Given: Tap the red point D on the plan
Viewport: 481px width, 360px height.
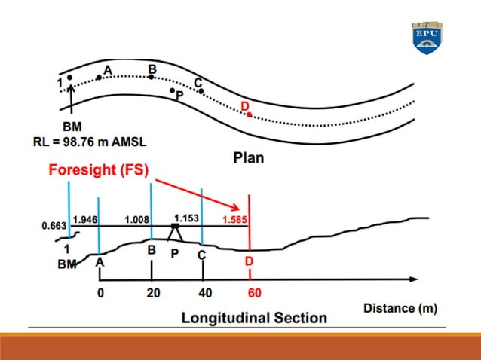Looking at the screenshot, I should pyautogui.click(x=250, y=114).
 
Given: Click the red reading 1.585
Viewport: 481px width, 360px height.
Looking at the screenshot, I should pyautogui.click(x=234, y=220).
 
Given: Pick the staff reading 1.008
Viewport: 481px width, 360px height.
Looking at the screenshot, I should pyautogui.click(x=136, y=220).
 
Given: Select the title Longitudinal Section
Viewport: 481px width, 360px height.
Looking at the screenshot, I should pyautogui.click(x=254, y=317).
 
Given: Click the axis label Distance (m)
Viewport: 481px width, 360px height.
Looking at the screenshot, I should pyautogui.click(x=400, y=308).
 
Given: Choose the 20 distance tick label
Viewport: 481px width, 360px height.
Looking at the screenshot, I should pyautogui.click(x=153, y=292).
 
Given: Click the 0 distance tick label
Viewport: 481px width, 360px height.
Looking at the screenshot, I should pyautogui.click(x=100, y=292).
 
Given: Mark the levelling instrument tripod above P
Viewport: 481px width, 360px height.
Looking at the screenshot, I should pyautogui.click(x=175, y=232).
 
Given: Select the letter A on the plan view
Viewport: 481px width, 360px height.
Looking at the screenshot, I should pyautogui.click(x=107, y=69).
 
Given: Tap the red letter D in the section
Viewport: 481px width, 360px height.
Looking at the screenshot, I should pyautogui.click(x=249, y=261).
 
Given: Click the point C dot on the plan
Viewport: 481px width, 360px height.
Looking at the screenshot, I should pyautogui.click(x=201, y=91).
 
